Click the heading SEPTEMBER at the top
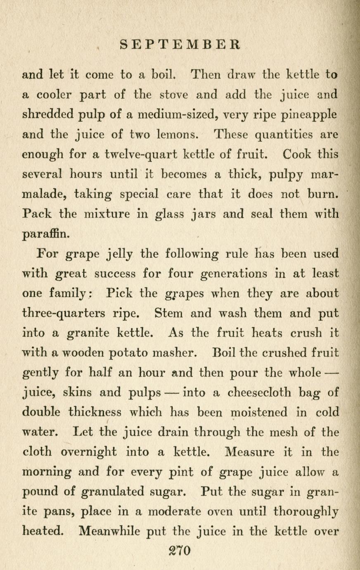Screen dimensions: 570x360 [x=180, y=44]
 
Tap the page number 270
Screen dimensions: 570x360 [x=179, y=551]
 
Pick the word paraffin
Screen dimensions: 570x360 [x=46, y=235]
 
